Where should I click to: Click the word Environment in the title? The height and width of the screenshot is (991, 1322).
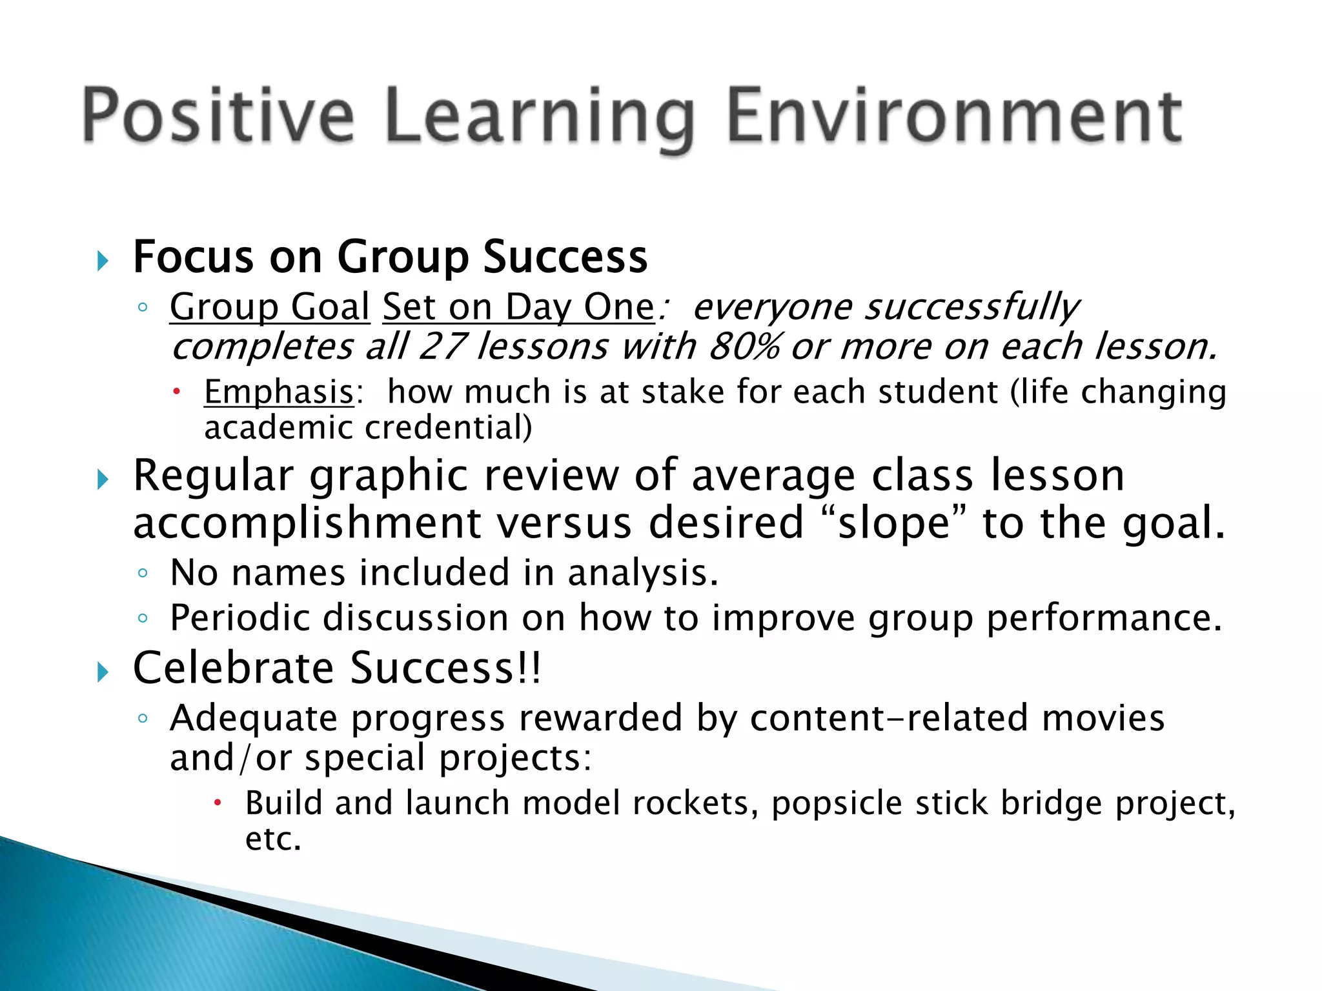point(954,116)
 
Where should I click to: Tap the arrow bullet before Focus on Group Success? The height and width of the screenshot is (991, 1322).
point(102,261)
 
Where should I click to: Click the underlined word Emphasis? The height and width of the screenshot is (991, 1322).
point(279,392)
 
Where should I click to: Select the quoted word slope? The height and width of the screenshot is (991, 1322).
point(895,523)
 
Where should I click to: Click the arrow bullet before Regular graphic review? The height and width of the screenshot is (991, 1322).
point(102,479)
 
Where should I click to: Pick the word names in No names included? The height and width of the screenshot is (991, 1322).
point(288,572)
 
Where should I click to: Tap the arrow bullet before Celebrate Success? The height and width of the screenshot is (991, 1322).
point(102,672)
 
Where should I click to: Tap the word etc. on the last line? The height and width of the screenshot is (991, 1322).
point(273,839)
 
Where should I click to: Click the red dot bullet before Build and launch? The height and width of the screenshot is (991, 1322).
point(218,803)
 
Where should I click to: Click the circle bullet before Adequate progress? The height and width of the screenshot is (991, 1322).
point(143,718)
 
